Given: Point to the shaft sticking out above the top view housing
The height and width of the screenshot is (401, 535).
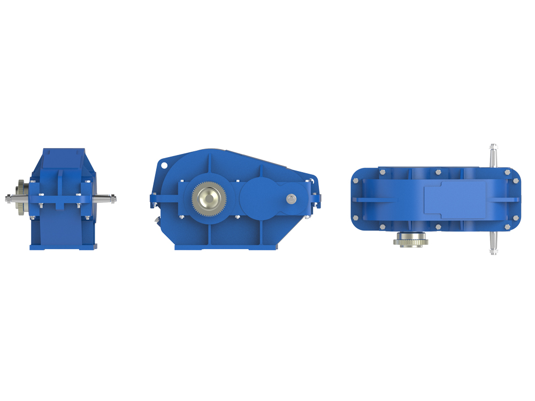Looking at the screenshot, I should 493,155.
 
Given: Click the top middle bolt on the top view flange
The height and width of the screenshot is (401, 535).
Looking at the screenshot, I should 438,172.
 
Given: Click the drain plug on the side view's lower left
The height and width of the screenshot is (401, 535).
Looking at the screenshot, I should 156,220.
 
